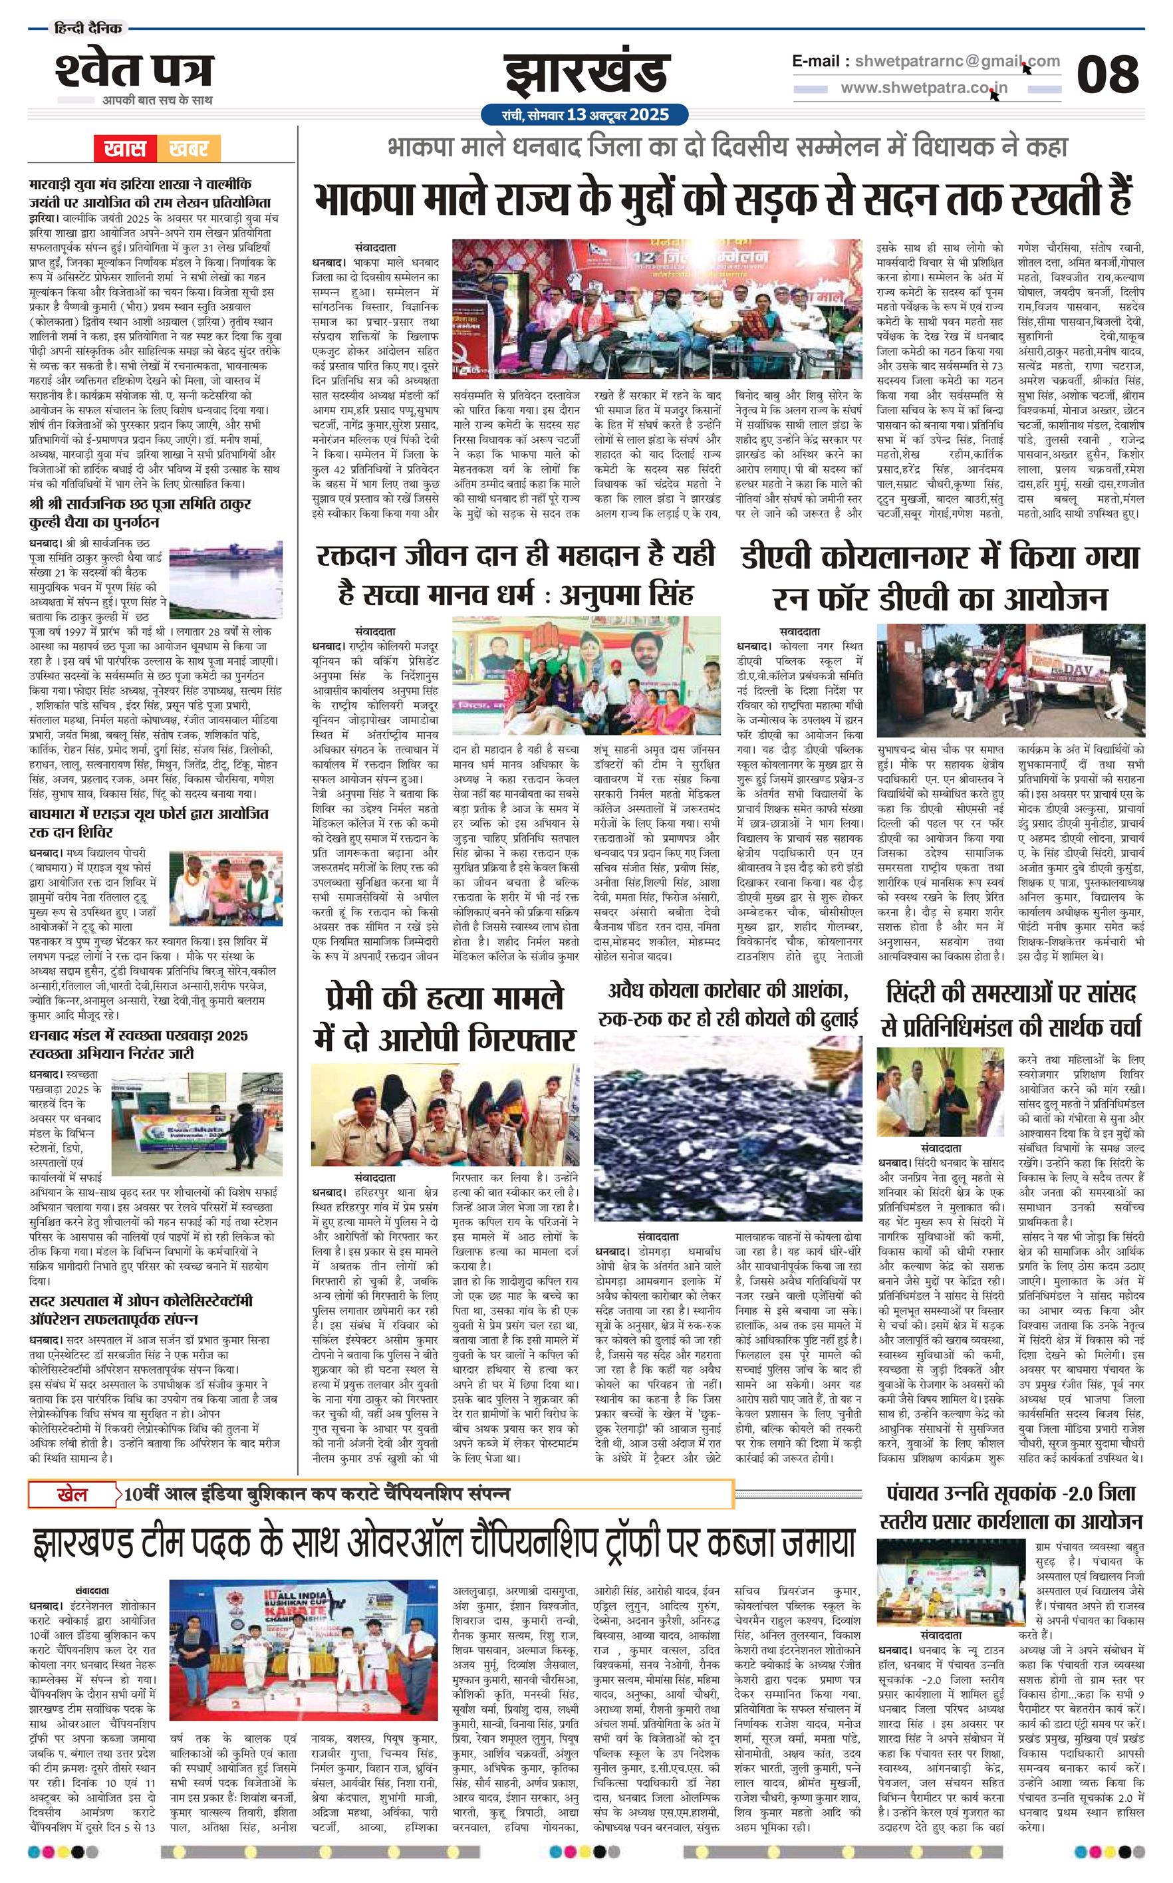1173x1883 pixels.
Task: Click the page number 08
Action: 1107,74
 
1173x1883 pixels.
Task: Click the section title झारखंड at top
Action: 586,74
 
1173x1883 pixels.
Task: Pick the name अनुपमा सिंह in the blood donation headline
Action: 627,595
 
